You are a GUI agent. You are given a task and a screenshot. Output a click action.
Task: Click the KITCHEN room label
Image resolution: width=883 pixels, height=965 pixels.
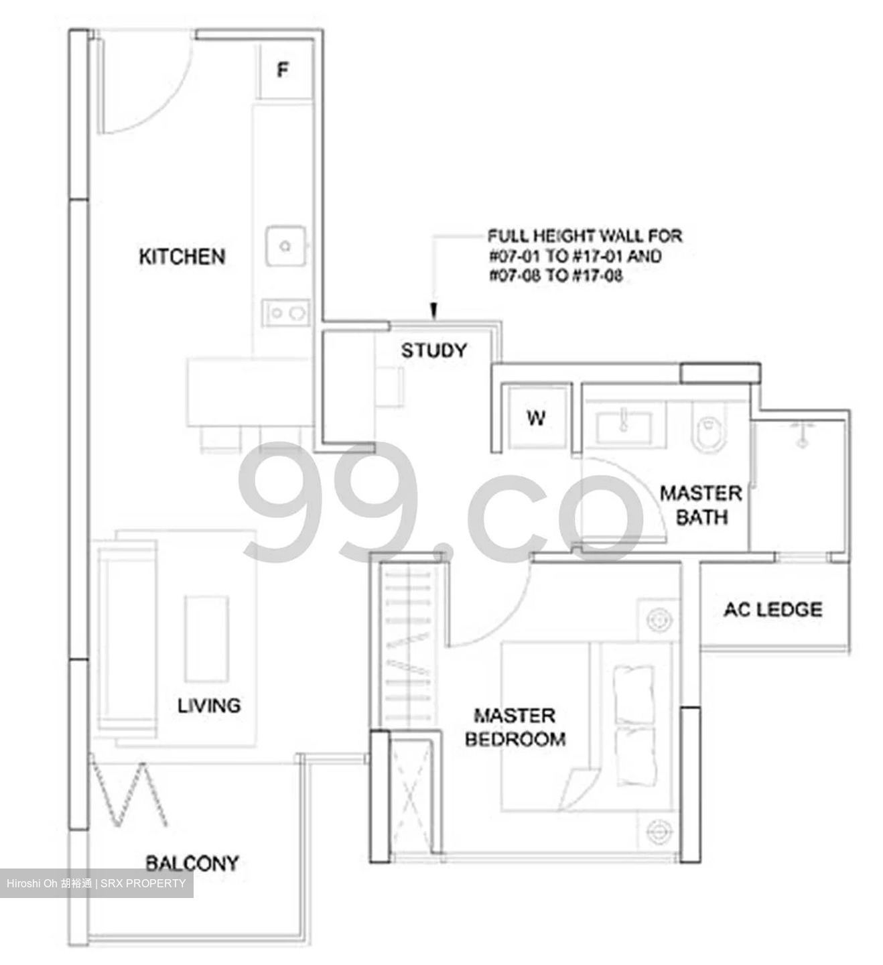coord(182,257)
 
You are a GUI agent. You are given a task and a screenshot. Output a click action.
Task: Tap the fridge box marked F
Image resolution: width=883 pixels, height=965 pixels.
coord(283,70)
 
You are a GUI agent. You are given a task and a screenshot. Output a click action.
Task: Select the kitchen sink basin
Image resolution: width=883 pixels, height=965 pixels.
coord(286,246)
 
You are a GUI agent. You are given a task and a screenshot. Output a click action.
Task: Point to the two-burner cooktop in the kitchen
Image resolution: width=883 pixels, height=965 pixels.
coord(286,313)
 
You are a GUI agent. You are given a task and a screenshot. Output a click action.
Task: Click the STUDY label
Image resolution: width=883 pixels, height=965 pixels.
coord(433,350)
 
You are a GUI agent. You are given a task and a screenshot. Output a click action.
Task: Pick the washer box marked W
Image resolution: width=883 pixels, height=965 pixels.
coord(536,418)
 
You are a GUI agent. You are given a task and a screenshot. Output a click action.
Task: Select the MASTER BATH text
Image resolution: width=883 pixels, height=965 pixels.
coord(701,505)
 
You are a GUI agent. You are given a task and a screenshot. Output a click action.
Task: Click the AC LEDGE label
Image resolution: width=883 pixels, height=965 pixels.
coord(772,609)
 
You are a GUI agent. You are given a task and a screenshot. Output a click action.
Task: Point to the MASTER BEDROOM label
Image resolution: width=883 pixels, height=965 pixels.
coord(515,727)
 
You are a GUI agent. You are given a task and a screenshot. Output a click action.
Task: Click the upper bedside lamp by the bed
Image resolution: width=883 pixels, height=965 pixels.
coord(659,620)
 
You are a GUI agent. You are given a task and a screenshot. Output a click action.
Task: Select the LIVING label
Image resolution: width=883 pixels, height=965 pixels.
coord(209,705)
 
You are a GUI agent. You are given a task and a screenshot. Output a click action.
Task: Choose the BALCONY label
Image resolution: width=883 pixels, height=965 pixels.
coord(192,862)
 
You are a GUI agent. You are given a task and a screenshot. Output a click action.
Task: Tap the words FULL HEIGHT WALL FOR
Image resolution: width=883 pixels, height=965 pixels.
coord(584,236)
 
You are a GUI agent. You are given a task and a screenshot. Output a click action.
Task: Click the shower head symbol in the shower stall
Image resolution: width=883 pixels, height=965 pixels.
coord(801,434)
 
